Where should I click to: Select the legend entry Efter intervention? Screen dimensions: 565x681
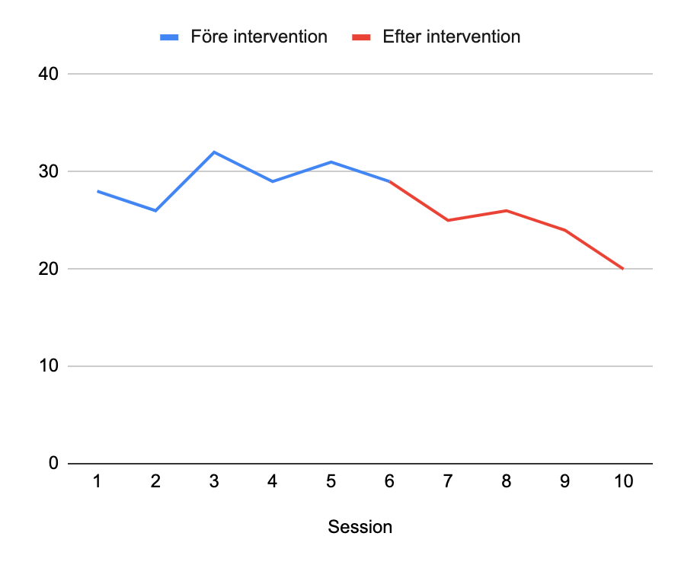point(452,37)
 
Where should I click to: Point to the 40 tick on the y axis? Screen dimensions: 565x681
point(49,74)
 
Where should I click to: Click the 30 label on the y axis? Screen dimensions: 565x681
point(49,171)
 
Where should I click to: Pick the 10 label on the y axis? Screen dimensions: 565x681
point(49,366)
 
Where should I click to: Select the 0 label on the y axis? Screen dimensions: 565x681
point(53,463)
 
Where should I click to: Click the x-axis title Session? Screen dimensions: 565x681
point(360,527)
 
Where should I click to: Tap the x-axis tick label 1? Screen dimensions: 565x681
point(98,481)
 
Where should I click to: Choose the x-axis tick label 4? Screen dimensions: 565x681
point(273,481)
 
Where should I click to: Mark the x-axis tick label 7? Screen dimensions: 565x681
point(448,481)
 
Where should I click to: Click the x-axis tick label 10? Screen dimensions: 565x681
point(623,481)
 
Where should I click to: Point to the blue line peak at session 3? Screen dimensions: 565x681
point(214,152)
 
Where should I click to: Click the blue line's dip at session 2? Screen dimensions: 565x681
point(156,210)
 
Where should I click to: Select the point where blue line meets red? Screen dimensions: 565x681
point(389,181)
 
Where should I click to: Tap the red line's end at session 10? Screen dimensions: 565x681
point(623,269)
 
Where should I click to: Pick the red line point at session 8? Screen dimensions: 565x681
point(507,210)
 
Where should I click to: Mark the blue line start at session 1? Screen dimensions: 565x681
point(98,191)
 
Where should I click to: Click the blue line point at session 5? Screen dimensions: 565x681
point(331,161)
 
